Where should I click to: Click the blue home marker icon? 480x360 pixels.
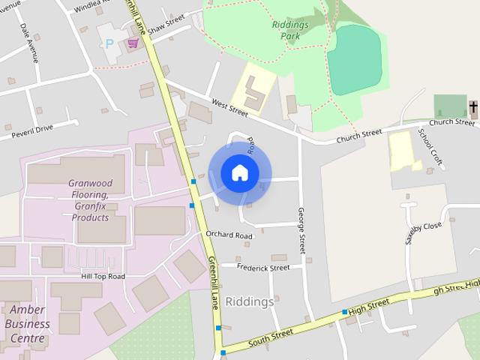tap(240, 173)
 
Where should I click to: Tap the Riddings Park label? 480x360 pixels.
tap(289, 29)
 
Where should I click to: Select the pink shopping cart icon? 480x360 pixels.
tap(133, 43)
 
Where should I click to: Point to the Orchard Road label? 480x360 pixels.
tap(229, 235)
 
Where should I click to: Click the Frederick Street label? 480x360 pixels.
tap(263, 268)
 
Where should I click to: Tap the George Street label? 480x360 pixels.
tap(302, 230)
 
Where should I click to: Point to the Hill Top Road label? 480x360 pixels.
tap(103, 277)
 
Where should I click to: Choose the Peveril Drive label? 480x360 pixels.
tap(32, 132)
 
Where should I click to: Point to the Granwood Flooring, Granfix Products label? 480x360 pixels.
tap(90, 200)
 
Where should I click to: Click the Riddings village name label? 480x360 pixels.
tap(250, 301)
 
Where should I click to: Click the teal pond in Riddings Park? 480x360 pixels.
tap(354, 58)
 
